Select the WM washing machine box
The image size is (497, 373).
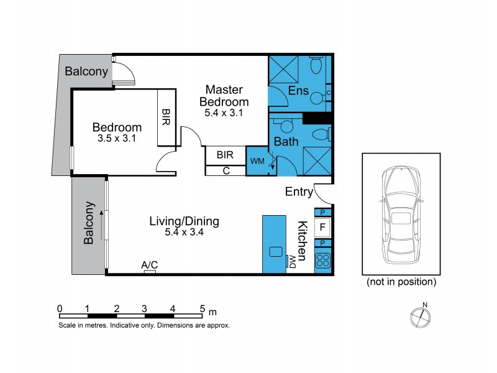point(257,161)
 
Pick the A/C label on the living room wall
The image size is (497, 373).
point(149,265)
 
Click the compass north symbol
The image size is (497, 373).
point(421,316)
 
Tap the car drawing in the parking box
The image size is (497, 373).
point(401,215)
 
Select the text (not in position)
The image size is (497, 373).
point(401,282)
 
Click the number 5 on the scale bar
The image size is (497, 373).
point(202,308)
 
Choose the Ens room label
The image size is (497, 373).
point(298,91)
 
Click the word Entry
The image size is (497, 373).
point(298,192)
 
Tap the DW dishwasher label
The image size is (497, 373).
point(292,262)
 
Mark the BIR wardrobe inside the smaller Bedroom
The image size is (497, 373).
point(166,117)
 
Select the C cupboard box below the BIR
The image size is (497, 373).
point(226,170)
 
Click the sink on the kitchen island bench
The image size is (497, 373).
point(275,252)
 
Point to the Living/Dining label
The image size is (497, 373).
point(184,221)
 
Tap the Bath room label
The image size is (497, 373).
point(286,142)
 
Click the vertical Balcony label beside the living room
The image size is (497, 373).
point(89,222)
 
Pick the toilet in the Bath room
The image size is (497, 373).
point(321,134)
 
